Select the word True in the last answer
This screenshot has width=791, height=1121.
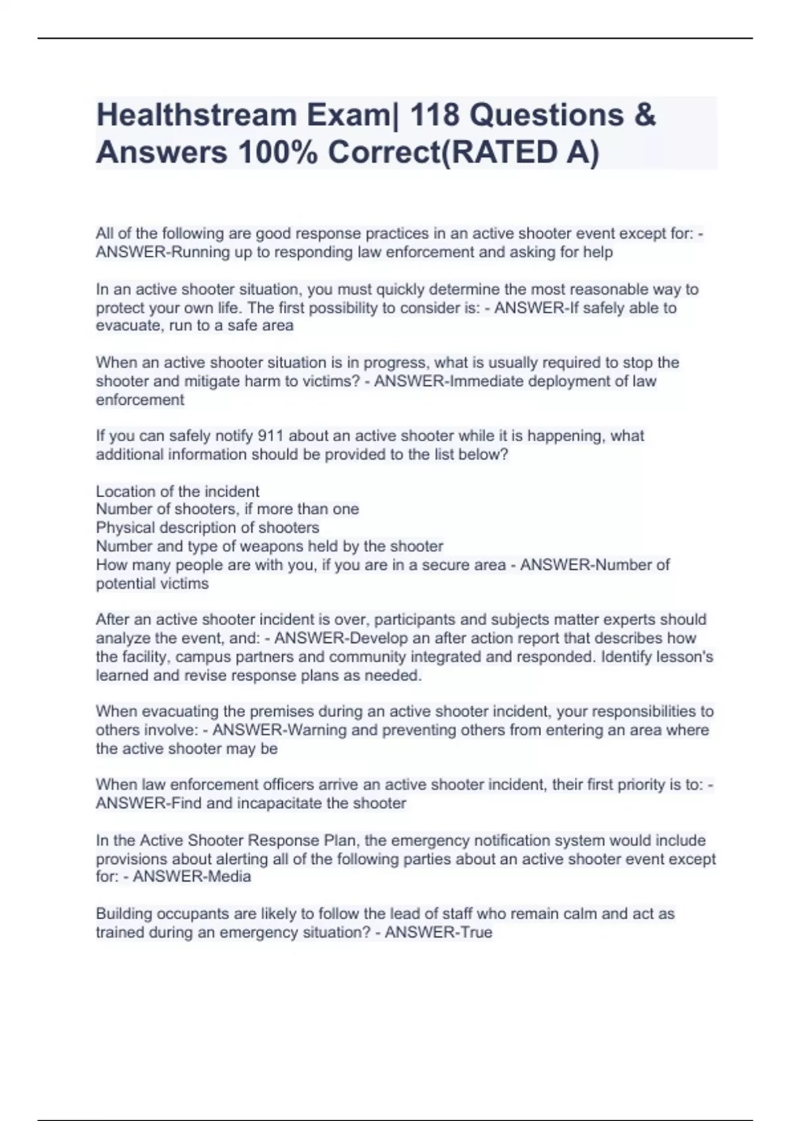coord(478,932)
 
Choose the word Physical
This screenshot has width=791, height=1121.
coord(125,528)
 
